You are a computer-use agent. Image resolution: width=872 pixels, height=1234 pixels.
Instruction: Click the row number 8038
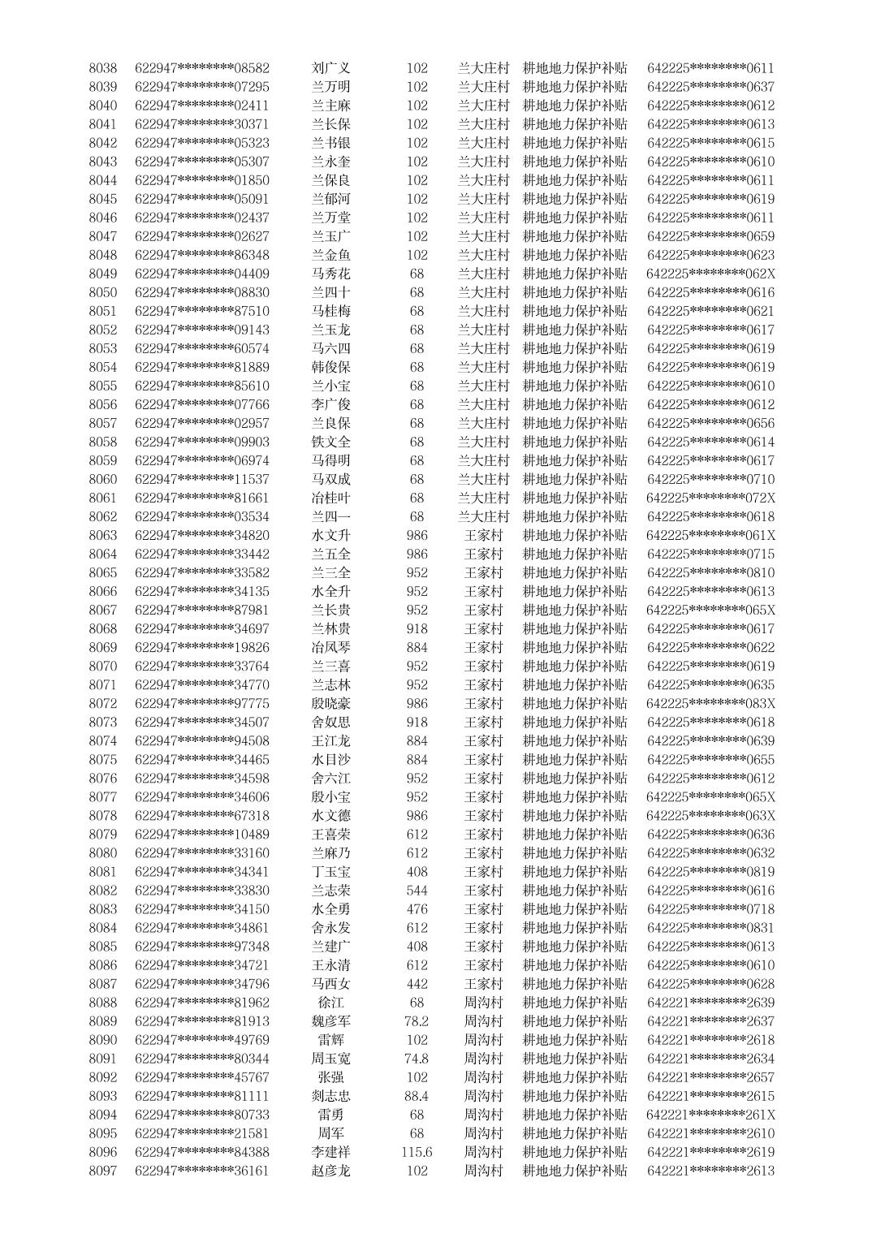102,68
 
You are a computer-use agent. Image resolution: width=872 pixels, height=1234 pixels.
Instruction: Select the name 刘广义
330,68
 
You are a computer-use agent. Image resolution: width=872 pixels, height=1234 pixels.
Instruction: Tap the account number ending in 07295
202,87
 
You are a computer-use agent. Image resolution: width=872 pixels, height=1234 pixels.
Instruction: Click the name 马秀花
330,274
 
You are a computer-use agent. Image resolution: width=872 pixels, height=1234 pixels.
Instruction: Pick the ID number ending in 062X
710,274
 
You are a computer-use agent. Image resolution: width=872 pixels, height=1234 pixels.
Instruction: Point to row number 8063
102,535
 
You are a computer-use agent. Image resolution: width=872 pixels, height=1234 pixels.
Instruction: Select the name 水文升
330,535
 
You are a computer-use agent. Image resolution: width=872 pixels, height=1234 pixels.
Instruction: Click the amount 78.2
417,1021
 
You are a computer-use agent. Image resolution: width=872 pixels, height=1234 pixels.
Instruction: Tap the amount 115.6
417,1152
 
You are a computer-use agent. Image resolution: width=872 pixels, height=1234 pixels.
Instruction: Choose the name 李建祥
330,1152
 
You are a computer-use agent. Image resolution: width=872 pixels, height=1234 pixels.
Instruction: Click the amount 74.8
417,1059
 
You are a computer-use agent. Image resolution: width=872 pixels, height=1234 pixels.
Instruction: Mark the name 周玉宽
330,1059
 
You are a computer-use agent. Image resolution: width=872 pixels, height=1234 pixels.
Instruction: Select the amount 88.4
417,1096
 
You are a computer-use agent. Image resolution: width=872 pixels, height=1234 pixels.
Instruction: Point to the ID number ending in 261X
710,1115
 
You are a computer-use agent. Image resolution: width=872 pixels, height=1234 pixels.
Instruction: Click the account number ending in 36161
202,1171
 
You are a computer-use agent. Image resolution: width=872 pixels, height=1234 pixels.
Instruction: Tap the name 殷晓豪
330,703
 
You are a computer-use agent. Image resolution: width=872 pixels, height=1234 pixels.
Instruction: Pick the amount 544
417,891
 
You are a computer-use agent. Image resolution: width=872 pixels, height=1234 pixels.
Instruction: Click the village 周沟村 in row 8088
483,1003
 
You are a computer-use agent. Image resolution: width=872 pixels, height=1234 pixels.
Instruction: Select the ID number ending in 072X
710,498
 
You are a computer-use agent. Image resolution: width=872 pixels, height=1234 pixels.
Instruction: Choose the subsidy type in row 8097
575,1171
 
